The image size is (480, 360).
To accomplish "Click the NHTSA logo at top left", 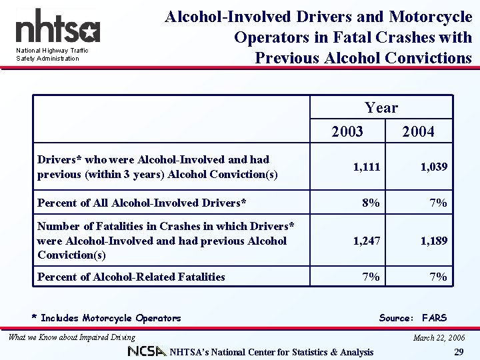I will click(x=57, y=29).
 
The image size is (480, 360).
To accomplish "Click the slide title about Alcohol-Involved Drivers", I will click(x=318, y=37).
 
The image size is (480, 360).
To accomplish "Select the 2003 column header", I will click(x=347, y=132).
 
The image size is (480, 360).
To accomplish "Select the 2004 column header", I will click(x=418, y=132).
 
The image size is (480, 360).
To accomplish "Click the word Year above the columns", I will click(x=381, y=108).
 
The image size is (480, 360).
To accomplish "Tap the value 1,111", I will click(x=367, y=167).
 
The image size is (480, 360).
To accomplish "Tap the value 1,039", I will click(x=433, y=167).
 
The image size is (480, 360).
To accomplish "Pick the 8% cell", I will click(x=371, y=202).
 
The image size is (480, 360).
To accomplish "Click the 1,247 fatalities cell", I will click(x=367, y=240).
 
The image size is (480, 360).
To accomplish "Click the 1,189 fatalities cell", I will click(x=433, y=240).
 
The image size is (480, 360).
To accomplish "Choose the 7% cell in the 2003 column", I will click(x=371, y=277).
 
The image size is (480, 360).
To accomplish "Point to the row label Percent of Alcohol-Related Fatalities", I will click(x=131, y=277).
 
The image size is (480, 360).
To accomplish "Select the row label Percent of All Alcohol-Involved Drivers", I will click(x=142, y=202).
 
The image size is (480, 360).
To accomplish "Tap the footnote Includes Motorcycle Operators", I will click(x=107, y=318).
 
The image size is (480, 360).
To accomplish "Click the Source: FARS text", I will click(x=413, y=318).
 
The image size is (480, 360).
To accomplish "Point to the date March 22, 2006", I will click(x=439, y=338).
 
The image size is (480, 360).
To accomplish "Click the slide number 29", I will click(x=458, y=351).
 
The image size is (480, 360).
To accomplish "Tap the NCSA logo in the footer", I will click(x=147, y=351).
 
